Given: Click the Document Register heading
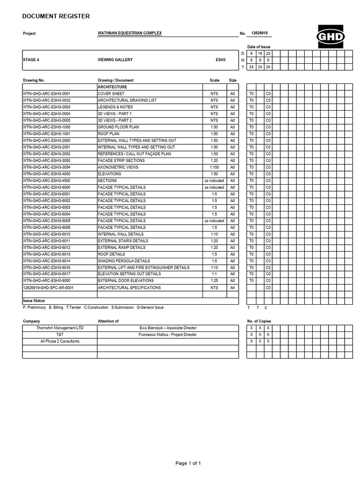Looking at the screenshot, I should [56, 16].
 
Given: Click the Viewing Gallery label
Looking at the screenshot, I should [115, 60].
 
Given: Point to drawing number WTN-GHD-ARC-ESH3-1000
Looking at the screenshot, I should [46, 127].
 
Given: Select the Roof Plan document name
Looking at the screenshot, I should [108, 134].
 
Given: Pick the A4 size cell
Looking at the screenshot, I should [232, 287].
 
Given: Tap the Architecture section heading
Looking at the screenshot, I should [112, 87].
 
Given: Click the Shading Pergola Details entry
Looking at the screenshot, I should [124, 261].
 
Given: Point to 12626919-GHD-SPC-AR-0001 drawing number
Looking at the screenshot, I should [48, 287].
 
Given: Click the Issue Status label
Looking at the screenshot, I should [34, 301].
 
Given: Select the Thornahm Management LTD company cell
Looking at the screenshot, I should [60, 328].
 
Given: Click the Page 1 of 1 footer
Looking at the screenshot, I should [188, 464].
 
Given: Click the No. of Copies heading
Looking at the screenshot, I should [259, 321].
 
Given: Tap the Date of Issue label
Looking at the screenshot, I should [259, 47].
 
